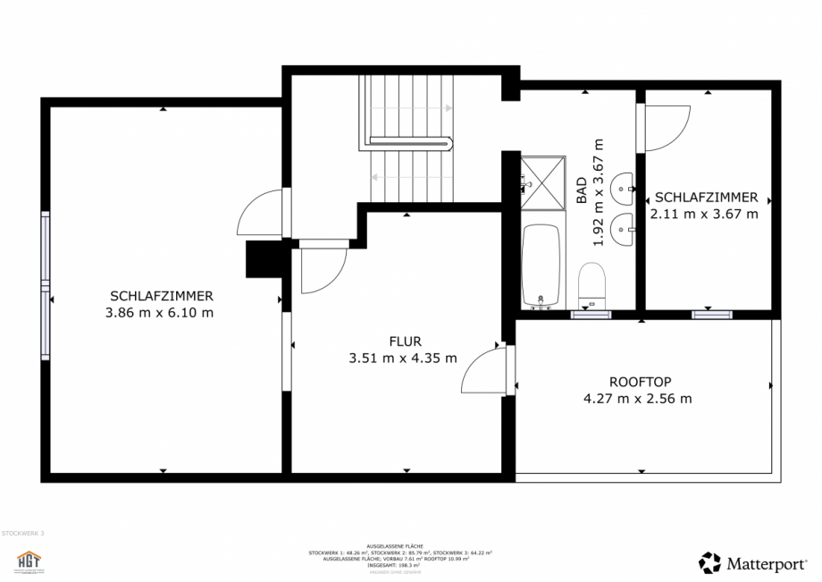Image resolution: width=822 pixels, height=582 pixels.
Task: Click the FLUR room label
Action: (404, 341)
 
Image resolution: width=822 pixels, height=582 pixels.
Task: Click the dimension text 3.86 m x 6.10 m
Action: (160, 313)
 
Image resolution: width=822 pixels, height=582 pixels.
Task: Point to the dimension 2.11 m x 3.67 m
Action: (705, 215)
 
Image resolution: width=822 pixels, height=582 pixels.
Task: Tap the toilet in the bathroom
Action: (592, 283)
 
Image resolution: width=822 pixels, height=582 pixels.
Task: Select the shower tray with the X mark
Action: (543, 182)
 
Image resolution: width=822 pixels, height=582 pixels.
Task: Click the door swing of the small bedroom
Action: (666, 128)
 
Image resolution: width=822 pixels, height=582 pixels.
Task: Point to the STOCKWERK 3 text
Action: (22, 533)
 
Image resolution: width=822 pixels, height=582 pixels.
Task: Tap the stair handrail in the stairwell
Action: (411, 140)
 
